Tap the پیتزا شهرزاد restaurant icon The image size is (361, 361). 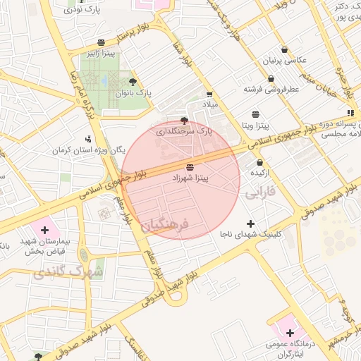click(x=191, y=167)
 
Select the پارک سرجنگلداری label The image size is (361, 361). click(x=183, y=131)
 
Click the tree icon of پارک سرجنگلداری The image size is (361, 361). click(x=185, y=121)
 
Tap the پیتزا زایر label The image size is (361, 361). click(x=102, y=53)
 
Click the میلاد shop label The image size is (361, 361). click(x=210, y=104)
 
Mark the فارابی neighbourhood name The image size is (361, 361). click(x=259, y=191)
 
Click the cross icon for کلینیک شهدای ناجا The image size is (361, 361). click(x=251, y=223)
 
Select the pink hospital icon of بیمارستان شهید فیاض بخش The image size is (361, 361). click(x=45, y=230)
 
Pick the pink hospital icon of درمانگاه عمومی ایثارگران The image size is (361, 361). click(x=289, y=332)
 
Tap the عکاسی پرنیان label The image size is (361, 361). click(x=282, y=61)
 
